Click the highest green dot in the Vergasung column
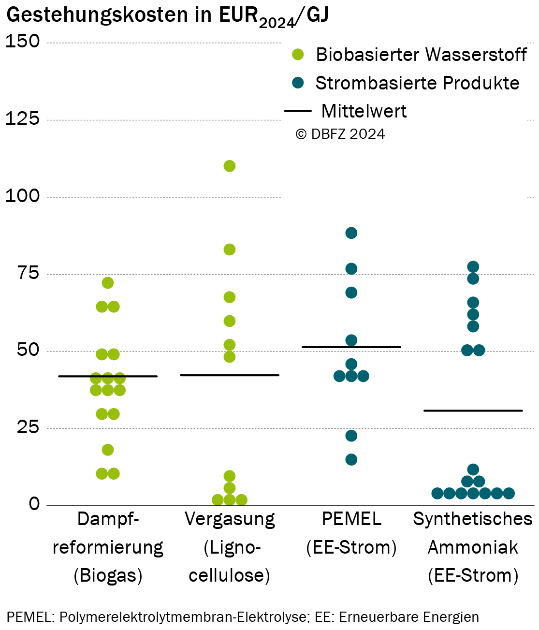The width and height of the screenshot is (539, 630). click(230, 166)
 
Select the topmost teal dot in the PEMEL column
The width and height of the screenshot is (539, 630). click(351, 233)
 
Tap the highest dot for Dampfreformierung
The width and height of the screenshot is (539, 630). click(107, 283)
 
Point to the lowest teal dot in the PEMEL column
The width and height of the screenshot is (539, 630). click(351, 460)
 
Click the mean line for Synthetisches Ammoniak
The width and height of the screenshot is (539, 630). click(473, 410)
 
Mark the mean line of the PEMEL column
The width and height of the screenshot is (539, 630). click(351, 347)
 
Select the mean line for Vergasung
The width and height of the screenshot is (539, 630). click(230, 375)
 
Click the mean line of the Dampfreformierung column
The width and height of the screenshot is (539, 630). click(107, 376)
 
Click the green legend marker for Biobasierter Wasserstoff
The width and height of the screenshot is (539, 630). click(298, 54)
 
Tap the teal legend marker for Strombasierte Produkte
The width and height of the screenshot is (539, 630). click(298, 83)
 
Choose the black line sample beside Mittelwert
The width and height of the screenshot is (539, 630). click(298, 111)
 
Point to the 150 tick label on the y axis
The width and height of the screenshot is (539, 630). click(23, 41)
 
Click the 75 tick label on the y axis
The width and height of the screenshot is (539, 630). click(29, 273)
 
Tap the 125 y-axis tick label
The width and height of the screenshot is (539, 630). click(23, 118)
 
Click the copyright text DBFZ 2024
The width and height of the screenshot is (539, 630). click(340, 134)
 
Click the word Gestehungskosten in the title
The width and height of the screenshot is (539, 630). click(97, 15)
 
